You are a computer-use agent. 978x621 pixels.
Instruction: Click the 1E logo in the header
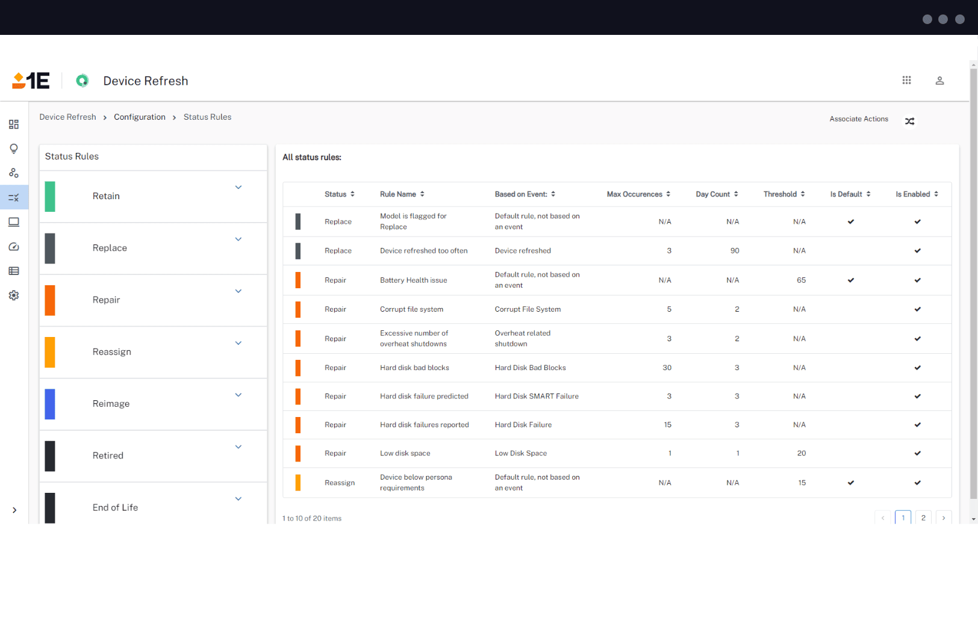(x=31, y=81)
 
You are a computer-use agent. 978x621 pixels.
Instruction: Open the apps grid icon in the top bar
(x=906, y=80)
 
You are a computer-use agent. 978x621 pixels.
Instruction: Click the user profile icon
(x=939, y=81)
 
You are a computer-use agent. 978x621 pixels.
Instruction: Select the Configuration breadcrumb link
(x=139, y=117)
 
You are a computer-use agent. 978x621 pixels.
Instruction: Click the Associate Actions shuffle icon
(x=909, y=121)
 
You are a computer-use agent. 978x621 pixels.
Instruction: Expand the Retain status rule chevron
(x=238, y=187)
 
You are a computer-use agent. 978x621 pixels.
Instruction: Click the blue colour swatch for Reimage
(x=50, y=404)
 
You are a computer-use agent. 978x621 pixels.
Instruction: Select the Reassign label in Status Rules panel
(x=111, y=352)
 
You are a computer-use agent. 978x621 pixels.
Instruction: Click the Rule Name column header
(x=398, y=194)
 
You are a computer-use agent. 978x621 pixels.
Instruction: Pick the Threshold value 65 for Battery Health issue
(x=801, y=280)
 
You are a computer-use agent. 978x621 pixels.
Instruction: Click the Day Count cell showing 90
(x=734, y=251)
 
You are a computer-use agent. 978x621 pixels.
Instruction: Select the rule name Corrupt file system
(x=411, y=309)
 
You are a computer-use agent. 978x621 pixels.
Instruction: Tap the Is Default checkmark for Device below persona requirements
(x=850, y=483)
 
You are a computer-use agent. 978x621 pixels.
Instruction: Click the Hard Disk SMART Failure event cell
(x=536, y=397)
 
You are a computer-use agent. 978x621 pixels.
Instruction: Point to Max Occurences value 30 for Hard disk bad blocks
(x=667, y=368)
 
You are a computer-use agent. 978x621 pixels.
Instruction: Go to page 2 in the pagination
(x=923, y=517)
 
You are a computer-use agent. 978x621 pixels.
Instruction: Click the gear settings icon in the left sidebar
(x=14, y=295)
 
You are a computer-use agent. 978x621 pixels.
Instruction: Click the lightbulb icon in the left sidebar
(x=14, y=149)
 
